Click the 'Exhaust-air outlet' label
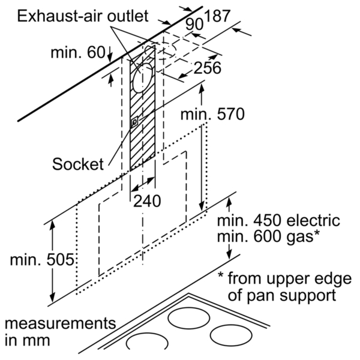(x=83, y=16)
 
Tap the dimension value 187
(x=217, y=16)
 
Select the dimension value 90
(x=194, y=25)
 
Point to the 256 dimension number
(x=208, y=68)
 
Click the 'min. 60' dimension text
(x=78, y=53)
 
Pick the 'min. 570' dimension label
(x=212, y=115)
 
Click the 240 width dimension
(x=147, y=201)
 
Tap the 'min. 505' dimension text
(x=42, y=260)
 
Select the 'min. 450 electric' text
(x=278, y=220)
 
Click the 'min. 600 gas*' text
(x=268, y=236)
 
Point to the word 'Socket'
(x=78, y=164)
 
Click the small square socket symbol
(x=134, y=122)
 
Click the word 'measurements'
(x=60, y=323)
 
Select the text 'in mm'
(x=28, y=340)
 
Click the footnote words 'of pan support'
(x=282, y=295)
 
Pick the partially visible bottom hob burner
(x=147, y=334)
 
